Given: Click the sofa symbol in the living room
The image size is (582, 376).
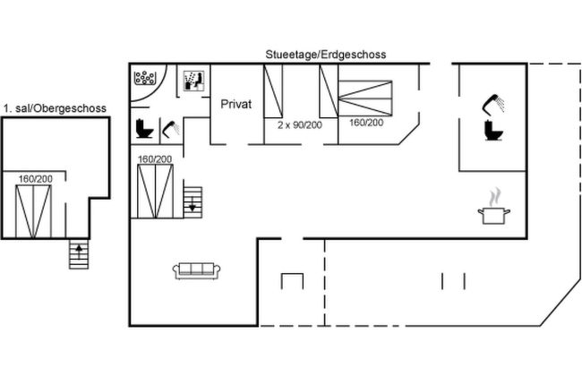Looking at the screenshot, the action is [x=196, y=270].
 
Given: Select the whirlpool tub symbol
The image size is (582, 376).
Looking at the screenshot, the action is [x=145, y=78].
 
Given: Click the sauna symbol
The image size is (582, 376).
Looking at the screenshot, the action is [x=193, y=81].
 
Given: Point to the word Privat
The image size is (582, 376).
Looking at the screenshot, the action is [x=236, y=104].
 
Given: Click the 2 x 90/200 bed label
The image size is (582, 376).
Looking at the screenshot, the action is [x=300, y=125].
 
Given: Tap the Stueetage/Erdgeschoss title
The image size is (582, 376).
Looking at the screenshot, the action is [x=326, y=55].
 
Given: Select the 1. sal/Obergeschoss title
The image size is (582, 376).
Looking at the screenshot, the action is [x=55, y=108].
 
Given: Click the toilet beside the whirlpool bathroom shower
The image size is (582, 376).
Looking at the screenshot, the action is [x=144, y=128].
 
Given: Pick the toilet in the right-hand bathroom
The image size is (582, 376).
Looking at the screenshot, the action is [x=493, y=131].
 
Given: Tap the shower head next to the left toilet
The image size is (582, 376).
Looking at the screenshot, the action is [x=171, y=128].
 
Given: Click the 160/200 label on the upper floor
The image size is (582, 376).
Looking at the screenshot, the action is [x=36, y=179].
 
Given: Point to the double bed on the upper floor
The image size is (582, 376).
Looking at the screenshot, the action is [x=33, y=211].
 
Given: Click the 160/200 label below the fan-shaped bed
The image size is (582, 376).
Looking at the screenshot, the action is [x=366, y=123].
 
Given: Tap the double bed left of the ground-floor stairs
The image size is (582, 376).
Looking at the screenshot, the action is [x=156, y=192].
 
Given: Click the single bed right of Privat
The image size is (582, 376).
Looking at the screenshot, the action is [x=273, y=91].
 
